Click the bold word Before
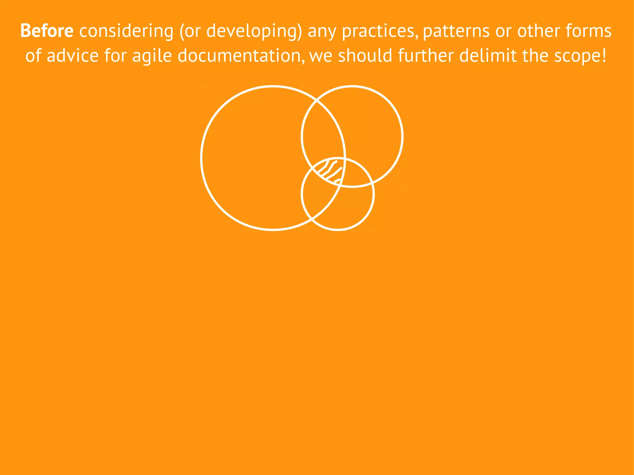[47, 31]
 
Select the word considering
[126, 32]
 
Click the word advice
[72, 56]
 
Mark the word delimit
[488, 56]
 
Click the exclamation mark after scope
[604, 56]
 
